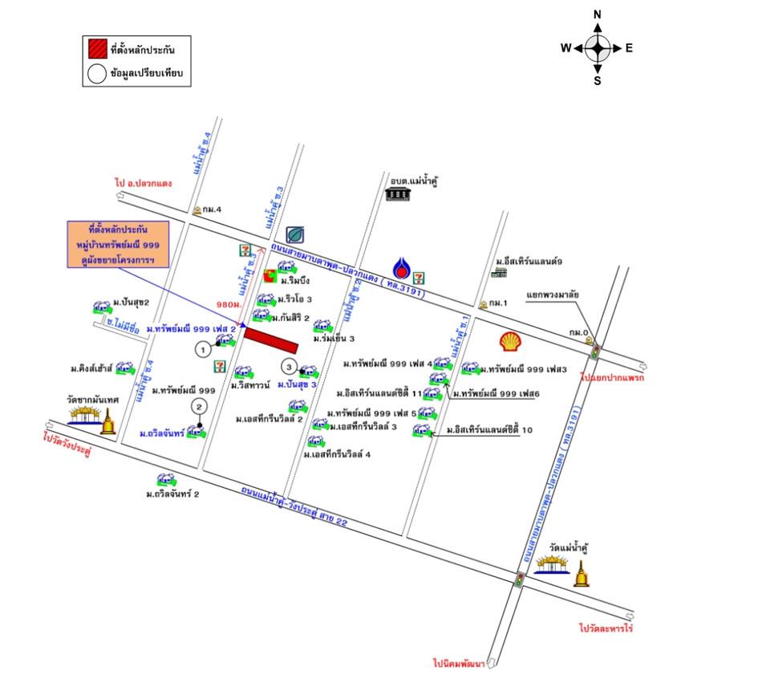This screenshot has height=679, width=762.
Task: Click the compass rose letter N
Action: point(597,15)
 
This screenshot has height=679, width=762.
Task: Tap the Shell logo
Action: point(510,342)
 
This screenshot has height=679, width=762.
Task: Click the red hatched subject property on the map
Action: point(271,339)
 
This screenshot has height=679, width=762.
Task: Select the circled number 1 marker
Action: point(204,348)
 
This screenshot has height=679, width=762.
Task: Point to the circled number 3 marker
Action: point(289,367)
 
